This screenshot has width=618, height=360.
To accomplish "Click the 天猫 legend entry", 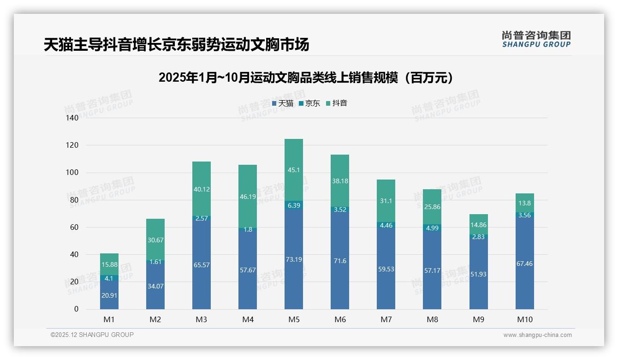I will click(282, 103).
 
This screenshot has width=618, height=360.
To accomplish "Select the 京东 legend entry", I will click(309, 103).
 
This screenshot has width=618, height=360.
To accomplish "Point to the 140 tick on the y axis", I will click(72, 118).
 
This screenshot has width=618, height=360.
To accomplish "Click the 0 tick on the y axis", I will click(76, 309).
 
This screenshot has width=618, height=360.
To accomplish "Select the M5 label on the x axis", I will click(294, 319).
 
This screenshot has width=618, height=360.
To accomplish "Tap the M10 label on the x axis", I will click(524, 319).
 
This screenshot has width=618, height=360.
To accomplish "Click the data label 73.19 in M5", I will click(293, 259).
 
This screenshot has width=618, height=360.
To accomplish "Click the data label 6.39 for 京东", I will click(293, 205).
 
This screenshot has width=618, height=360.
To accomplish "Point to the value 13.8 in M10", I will click(524, 203).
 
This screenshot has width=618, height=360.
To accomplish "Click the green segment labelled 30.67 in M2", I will click(155, 240).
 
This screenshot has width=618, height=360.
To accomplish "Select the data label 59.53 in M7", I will click(386, 269).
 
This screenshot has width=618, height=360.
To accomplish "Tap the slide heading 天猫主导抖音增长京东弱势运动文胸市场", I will click(176, 45).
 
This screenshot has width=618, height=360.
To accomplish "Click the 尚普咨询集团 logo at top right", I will click(536, 39).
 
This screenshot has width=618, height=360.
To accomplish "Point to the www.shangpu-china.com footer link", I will click(537, 335).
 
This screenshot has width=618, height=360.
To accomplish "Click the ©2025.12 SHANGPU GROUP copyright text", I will click(92, 335).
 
